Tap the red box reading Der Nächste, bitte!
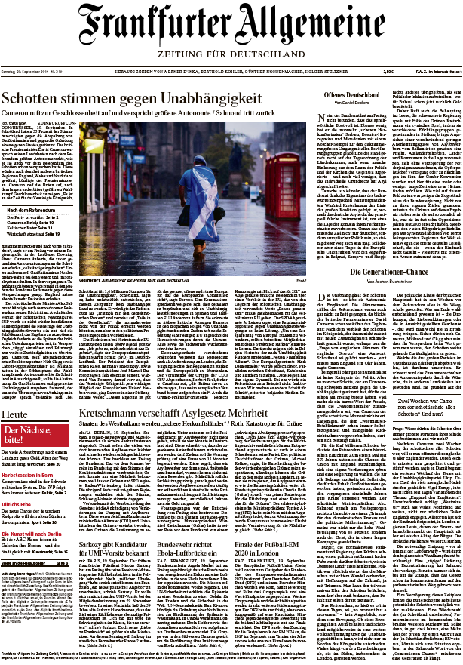click(25, 439)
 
